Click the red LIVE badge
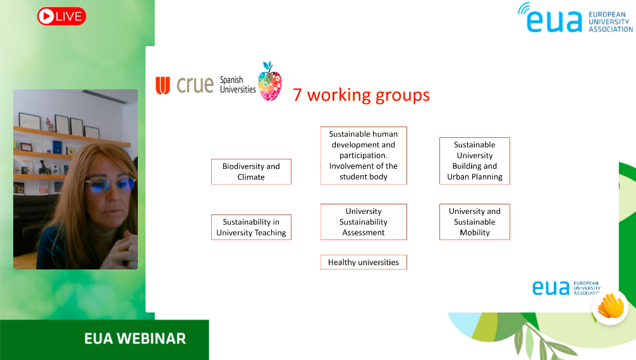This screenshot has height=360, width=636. coord(62,16)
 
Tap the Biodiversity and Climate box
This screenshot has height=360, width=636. coord(251,171)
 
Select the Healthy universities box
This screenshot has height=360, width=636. coord(364,262)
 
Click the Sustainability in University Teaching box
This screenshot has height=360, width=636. coord(251,227)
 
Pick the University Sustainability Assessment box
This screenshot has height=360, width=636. coord(364,221)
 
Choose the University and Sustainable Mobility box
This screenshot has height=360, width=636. coord(475,221)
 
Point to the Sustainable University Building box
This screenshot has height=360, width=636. coord(475,161)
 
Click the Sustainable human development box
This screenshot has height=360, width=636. coord(364,156)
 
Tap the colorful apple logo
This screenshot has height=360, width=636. coord(270,81)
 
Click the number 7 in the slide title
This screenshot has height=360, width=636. coord(297,95)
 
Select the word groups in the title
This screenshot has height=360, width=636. coord(402,96)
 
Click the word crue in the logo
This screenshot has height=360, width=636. coord(195,85)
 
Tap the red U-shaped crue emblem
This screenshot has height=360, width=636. coord(162,85)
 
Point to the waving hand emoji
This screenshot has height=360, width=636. coord(611,306)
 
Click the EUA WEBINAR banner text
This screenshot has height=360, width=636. coord(135,338)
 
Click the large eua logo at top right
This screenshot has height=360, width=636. coord(575,18)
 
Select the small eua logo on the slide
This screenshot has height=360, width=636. coord(566,288)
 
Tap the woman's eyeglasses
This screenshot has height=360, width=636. coord(111,185)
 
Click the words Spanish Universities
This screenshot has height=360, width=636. coord(238,85)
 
